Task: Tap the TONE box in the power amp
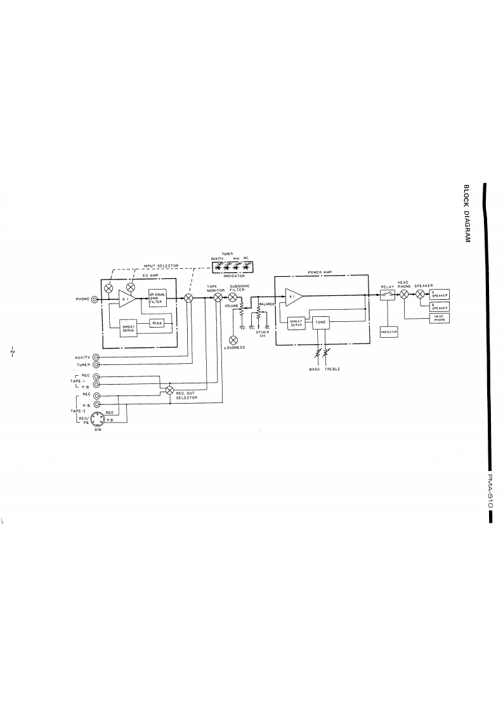[x=318, y=322]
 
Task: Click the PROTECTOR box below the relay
[x=388, y=331]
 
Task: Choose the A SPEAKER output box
[x=440, y=295]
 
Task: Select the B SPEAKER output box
[x=440, y=308]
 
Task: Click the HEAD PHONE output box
[x=440, y=319]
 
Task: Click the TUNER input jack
[x=96, y=365]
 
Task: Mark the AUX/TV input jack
[x=96, y=357]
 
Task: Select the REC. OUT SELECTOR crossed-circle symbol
[x=169, y=390]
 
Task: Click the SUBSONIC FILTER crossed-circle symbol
[x=233, y=297]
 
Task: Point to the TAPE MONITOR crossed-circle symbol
[x=218, y=297]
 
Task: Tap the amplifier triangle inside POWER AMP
[x=294, y=297]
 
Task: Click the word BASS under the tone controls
[x=315, y=369]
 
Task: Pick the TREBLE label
[x=333, y=369]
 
